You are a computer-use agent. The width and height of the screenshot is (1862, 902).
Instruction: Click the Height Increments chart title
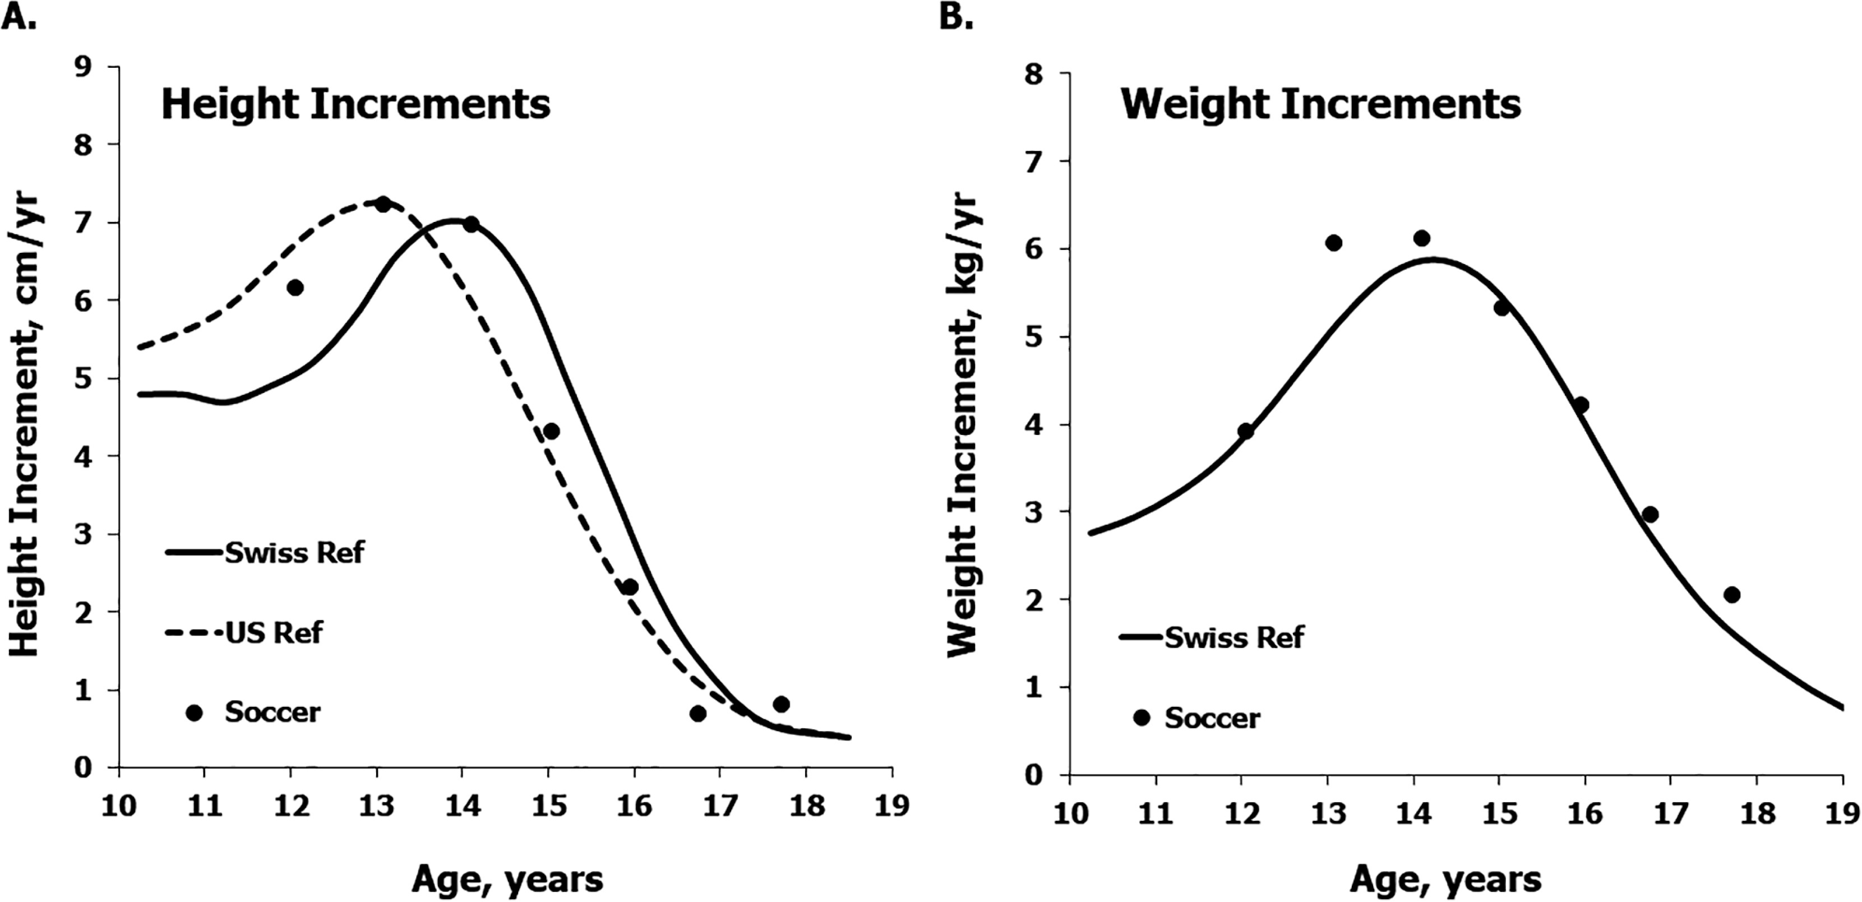point(355,105)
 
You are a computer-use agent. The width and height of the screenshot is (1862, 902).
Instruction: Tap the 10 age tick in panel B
point(1070,814)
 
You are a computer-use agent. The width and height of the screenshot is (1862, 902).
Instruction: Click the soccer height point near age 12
point(295,288)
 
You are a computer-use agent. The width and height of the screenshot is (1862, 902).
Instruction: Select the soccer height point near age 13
point(383,205)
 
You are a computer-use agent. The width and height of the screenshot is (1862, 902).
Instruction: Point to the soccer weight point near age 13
point(1334,243)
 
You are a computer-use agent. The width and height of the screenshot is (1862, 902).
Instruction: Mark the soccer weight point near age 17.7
point(1731,595)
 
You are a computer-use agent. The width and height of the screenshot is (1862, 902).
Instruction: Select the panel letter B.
point(955,16)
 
